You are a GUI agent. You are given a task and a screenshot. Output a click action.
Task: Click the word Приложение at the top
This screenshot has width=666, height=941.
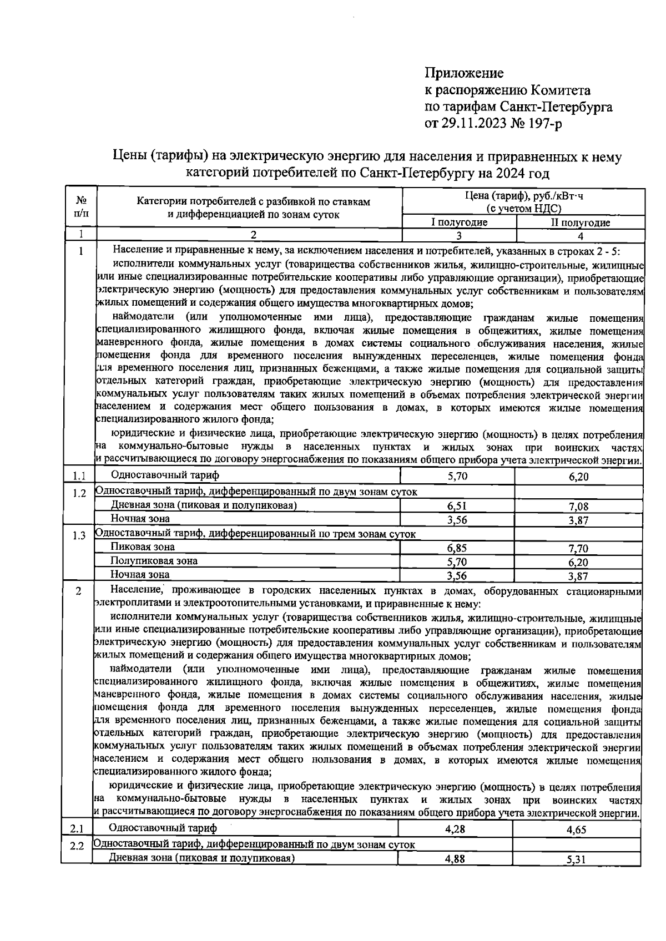(x=464, y=73)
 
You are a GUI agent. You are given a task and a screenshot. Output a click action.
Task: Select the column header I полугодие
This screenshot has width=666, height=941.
(x=459, y=223)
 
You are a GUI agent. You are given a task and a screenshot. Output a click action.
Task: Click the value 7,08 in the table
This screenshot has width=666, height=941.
(x=578, y=507)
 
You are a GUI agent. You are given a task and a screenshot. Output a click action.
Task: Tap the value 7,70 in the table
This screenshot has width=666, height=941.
(x=578, y=549)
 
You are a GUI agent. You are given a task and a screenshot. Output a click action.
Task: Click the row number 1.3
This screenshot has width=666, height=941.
(x=79, y=535)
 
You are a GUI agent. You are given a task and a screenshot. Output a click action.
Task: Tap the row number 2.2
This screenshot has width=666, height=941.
(x=77, y=847)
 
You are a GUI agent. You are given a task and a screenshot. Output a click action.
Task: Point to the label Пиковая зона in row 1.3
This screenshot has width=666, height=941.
(x=142, y=547)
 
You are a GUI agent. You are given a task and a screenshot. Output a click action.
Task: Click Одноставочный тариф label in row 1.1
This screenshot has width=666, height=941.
(x=165, y=475)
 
